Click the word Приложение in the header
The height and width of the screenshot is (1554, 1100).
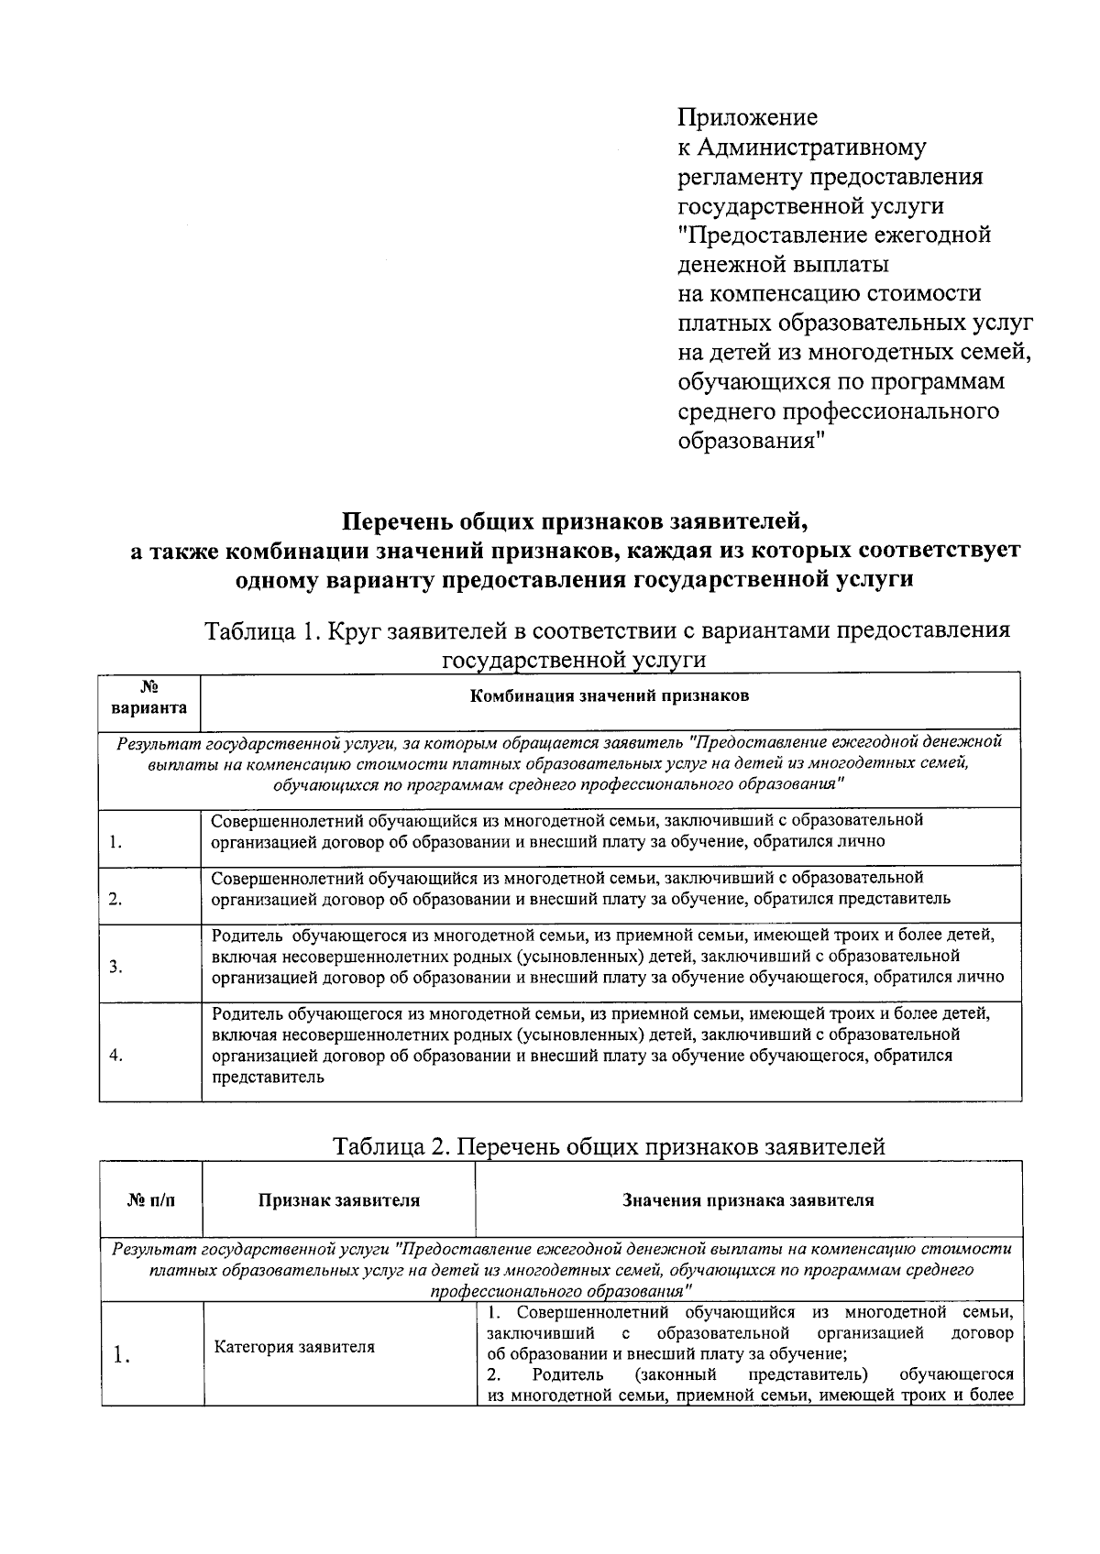pyautogui.click(x=747, y=118)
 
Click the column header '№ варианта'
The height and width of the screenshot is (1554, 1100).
pyautogui.click(x=149, y=697)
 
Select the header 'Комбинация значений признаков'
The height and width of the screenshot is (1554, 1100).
pyautogui.click(x=610, y=695)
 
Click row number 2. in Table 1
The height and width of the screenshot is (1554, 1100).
pyautogui.click(x=115, y=899)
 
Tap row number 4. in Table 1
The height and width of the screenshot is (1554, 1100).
pyautogui.click(x=115, y=1055)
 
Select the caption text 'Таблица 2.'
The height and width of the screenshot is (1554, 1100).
pyautogui.click(x=390, y=1146)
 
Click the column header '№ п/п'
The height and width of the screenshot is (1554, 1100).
pyautogui.click(x=150, y=1200)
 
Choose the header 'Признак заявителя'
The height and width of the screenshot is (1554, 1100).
pyautogui.click(x=338, y=1200)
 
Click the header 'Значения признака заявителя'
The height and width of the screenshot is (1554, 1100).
pyautogui.click(x=748, y=1200)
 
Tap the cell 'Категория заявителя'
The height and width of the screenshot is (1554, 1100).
pyautogui.click(x=294, y=1347)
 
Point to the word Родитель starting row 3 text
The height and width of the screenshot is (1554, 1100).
pyautogui.click(x=243, y=936)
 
